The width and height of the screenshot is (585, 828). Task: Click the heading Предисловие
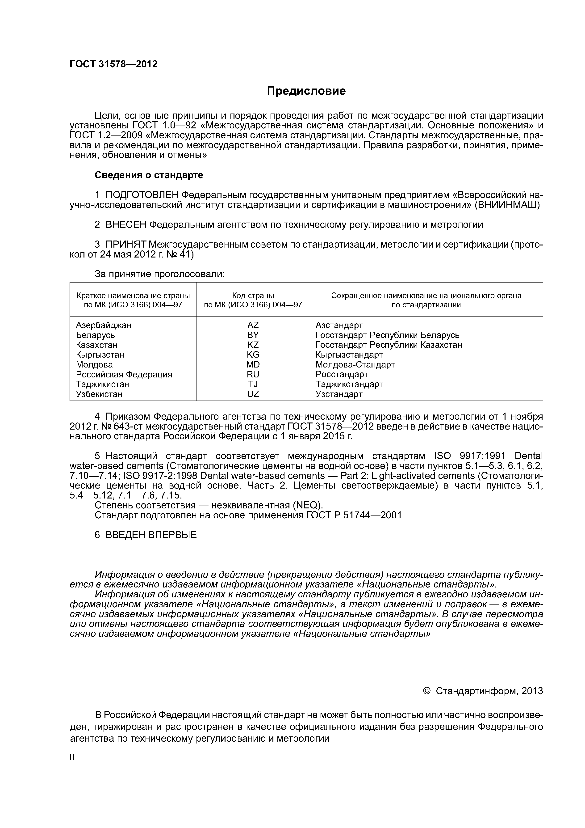pyautogui.click(x=306, y=91)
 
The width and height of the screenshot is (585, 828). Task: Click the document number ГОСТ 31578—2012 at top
pyautogui.click(x=113, y=64)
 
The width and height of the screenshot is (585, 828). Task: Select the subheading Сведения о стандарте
pyautogui.click(x=149, y=175)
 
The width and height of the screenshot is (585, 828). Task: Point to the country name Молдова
pyautogui.click(x=94, y=365)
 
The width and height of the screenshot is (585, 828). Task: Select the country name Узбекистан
pyautogui.click(x=99, y=394)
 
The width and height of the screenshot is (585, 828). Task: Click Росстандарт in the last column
pyautogui.click(x=342, y=374)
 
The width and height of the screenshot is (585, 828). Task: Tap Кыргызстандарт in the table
pyautogui.click(x=349, y=355)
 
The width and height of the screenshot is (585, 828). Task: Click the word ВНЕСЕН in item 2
pyautogui.click(x=126, y=225)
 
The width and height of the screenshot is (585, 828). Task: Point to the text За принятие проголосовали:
pyautogui.click(x=160, y=274)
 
